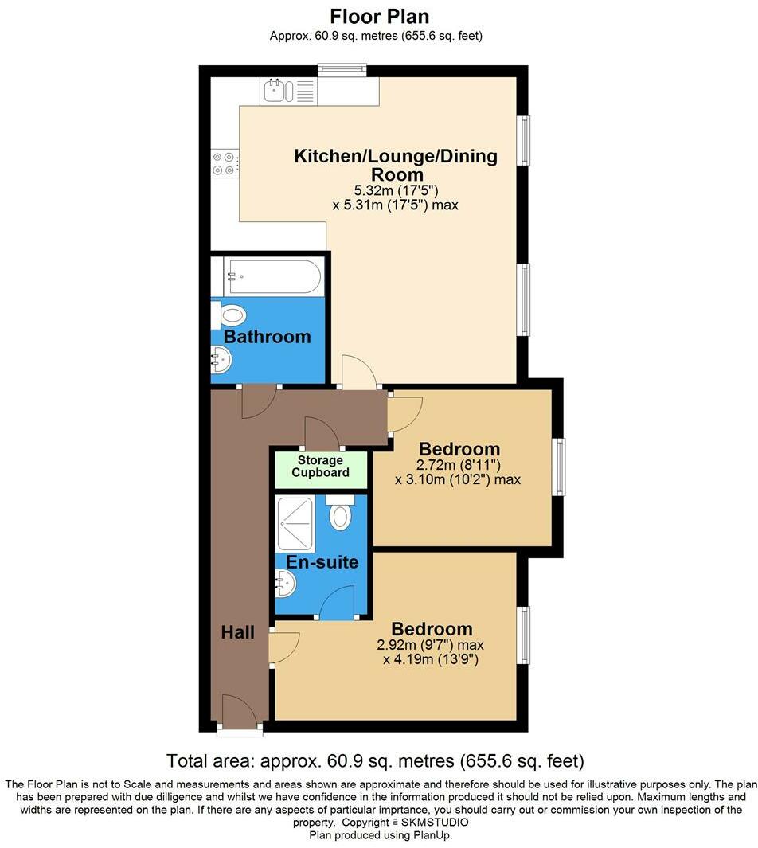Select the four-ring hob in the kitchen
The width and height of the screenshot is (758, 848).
tap(224, 163)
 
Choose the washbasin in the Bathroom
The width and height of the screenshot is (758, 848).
tap(222, 362)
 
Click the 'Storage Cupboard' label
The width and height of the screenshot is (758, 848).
tap(320, 467)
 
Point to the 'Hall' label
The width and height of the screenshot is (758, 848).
tap(238, 632)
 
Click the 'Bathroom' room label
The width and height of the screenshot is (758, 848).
tap(267, 337)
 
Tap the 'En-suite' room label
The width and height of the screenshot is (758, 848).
tap(322, 562)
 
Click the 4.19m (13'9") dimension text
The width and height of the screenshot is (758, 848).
tap(430, 659)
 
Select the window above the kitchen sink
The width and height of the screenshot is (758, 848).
tap(342, 71)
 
